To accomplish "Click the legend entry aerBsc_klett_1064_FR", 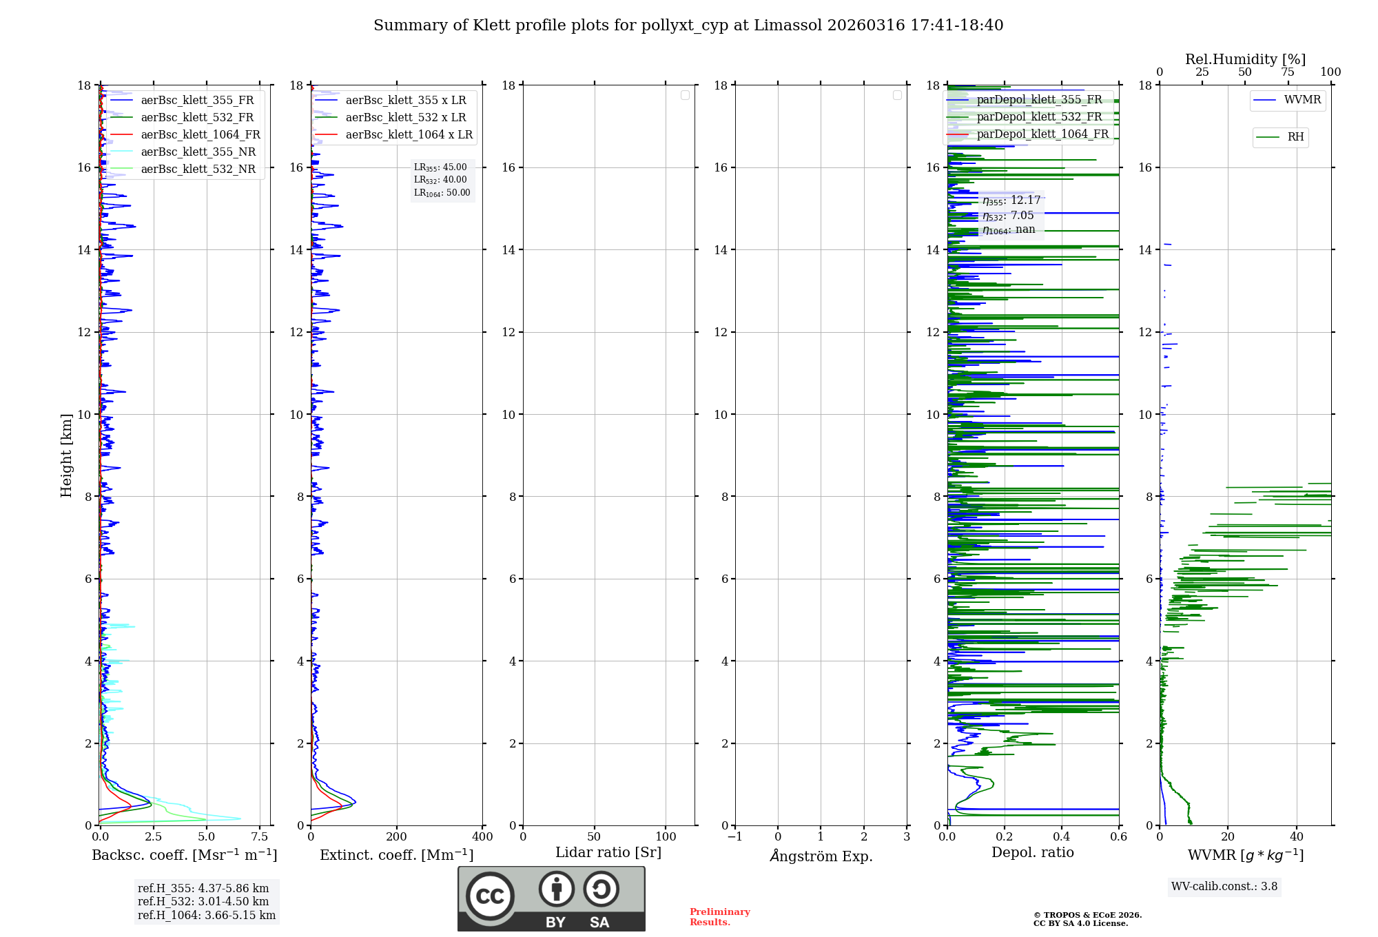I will click(200, 135).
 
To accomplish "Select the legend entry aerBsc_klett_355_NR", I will click(198, 152).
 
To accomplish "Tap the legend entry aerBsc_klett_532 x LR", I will click(405, 118).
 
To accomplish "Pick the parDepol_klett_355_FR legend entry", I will click(1038, 100).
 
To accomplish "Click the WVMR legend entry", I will click(1302, 100).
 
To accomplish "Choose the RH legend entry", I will click(1295, 137).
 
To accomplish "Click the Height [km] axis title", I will click(66, 455).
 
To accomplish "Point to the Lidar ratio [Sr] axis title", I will click(608, 853).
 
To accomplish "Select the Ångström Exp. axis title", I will click(821, 856).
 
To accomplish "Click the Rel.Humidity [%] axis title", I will click(1245, 59).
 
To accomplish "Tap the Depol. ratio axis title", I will click(1032, 853).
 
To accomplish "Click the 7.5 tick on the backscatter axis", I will click(260, 837).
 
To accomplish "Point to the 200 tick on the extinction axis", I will click(397, 837).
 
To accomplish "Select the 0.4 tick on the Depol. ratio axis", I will click(1062, 837).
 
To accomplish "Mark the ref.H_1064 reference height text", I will click(206, 916).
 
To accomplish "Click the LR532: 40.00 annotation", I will click(440, 180).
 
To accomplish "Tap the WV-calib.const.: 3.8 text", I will click(1224, 887).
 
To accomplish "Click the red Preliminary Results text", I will click(719, 917).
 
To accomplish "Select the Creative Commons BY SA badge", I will click(551, 898).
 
